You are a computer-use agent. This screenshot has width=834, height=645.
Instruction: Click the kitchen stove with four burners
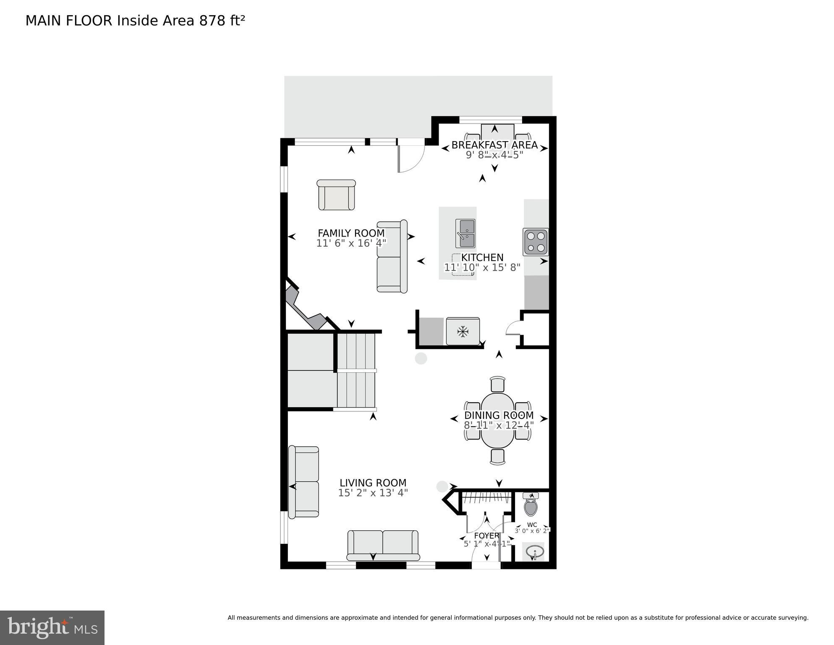click(x=536, y=242)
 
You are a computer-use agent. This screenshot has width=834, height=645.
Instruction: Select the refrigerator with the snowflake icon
click(x=463, y=332)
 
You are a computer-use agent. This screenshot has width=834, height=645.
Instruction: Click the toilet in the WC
click(x=531, y=505)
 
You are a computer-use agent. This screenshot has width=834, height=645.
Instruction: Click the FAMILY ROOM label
click(x=351, y=233)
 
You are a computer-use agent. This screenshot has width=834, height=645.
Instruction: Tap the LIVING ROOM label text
click(x=373, y=483)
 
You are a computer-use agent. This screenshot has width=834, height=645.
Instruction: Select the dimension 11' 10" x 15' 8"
click(x=482, y=267)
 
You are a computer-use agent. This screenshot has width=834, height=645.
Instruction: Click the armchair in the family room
click(x=336, y=195)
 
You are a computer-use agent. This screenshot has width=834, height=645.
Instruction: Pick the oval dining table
click(x=497, y=420)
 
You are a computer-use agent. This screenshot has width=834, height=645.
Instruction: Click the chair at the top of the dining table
click(x=497, y=384)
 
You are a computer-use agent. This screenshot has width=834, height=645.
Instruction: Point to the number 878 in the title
click(x=212, y=21)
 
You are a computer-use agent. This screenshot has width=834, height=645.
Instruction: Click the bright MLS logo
click(x=52, y=628)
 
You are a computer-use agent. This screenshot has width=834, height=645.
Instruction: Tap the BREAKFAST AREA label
click(x=494, y=145)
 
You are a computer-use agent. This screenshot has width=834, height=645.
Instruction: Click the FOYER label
click(x=486, y=536)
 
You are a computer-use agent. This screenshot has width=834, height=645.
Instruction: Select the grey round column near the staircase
click(x=421, y=358)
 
